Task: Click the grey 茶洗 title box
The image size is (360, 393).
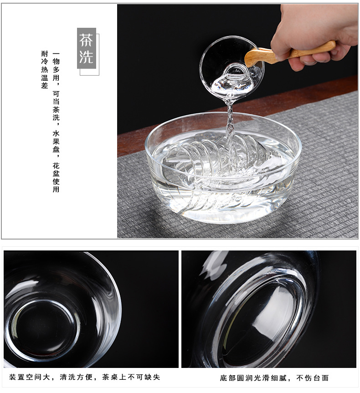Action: click(87, 48)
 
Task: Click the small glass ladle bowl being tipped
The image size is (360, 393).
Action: click(230, 68)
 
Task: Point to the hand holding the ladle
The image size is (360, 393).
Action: click(314, 27)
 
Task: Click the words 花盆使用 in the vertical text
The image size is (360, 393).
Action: click(56, 176)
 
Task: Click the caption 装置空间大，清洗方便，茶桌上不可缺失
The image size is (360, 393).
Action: click(85, 377)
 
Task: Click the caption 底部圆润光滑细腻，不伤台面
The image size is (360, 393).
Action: click(274, 378)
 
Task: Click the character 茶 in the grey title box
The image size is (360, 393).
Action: click(87, 40)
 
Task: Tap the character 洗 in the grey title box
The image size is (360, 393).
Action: click(87, 56)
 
